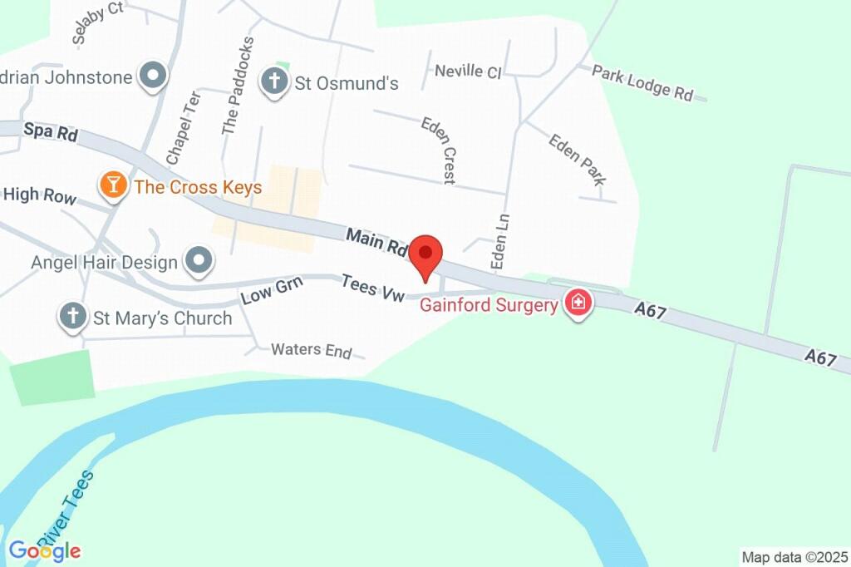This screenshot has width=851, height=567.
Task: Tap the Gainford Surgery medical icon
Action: click(x=578, y=303)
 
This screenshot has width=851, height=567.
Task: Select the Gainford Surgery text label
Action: click(x=488, y=305)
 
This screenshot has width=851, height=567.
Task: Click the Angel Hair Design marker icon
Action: click(x=199, y=262)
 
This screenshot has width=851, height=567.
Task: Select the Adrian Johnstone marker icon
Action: click(x=153, y=77)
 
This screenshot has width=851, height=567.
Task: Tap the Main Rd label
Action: click(x=376, y=241)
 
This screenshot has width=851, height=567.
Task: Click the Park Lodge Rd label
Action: click(x=642, y=82)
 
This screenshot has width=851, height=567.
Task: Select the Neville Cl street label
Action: click(x=468, y=71)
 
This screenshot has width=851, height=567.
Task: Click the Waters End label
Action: click(x=312, y=350)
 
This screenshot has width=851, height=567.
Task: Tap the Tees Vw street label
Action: click(x=372, y=288)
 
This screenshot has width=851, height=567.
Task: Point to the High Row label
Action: click(x=40, y=196)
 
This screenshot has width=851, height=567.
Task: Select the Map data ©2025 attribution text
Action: click(x=794, y=556)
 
